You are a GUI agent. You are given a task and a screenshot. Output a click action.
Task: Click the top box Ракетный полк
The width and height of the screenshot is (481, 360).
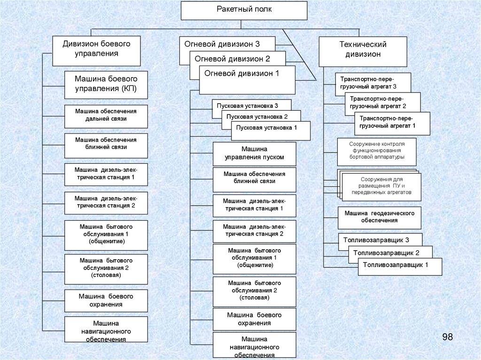click(x=244, y=10)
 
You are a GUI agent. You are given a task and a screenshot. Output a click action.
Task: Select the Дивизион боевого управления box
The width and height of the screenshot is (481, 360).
click(x=96, y=49)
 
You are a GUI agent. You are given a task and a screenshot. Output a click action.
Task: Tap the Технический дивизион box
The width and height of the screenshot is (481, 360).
click(x=363, y=49)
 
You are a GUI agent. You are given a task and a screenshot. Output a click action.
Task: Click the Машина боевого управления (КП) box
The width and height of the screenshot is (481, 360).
click(x=106, y=84)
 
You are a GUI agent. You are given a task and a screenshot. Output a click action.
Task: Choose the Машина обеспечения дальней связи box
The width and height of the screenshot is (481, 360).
click(x=106, y=115)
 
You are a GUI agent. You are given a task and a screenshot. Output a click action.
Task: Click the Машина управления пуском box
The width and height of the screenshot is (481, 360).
click(x=254, y=153)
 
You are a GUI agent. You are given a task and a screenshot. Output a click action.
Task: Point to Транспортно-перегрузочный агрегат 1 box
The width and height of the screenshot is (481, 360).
click(x=392, y=123)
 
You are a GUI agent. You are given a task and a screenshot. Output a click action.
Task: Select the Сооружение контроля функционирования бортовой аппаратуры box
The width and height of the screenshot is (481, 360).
click(x=377, y=151)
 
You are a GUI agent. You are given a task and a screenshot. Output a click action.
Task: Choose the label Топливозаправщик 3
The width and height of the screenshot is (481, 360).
click(x=373, y=240)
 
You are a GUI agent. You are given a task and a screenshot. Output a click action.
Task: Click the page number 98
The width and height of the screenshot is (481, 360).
click(x=447, y=337)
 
